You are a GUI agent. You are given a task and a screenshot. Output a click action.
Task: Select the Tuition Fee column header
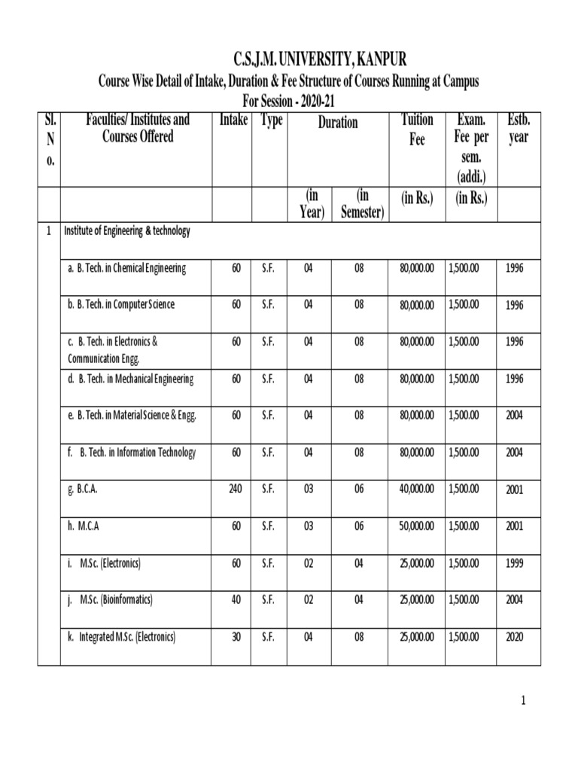[417, 130]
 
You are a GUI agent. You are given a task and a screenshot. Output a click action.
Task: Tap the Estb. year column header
[519, 130]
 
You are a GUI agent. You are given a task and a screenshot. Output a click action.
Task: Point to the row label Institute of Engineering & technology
[126, 231]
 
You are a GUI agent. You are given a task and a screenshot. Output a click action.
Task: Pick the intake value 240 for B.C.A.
[235, 489]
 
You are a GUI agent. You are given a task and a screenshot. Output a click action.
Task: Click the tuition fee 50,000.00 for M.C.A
[417, 526]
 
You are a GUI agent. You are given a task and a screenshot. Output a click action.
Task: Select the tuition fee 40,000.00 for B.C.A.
[417, 489]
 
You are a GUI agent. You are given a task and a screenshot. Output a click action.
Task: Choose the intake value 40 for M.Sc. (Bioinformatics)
[236, 600]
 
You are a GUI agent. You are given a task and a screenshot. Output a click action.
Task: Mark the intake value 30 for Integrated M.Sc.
[236, 637]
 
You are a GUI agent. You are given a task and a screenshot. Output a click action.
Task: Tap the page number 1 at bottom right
[523, 701]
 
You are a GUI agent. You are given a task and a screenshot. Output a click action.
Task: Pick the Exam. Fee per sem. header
[471, 148]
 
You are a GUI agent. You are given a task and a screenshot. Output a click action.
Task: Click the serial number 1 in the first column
[48, 232]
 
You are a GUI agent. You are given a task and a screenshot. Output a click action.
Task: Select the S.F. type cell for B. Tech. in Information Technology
[268, 453]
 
